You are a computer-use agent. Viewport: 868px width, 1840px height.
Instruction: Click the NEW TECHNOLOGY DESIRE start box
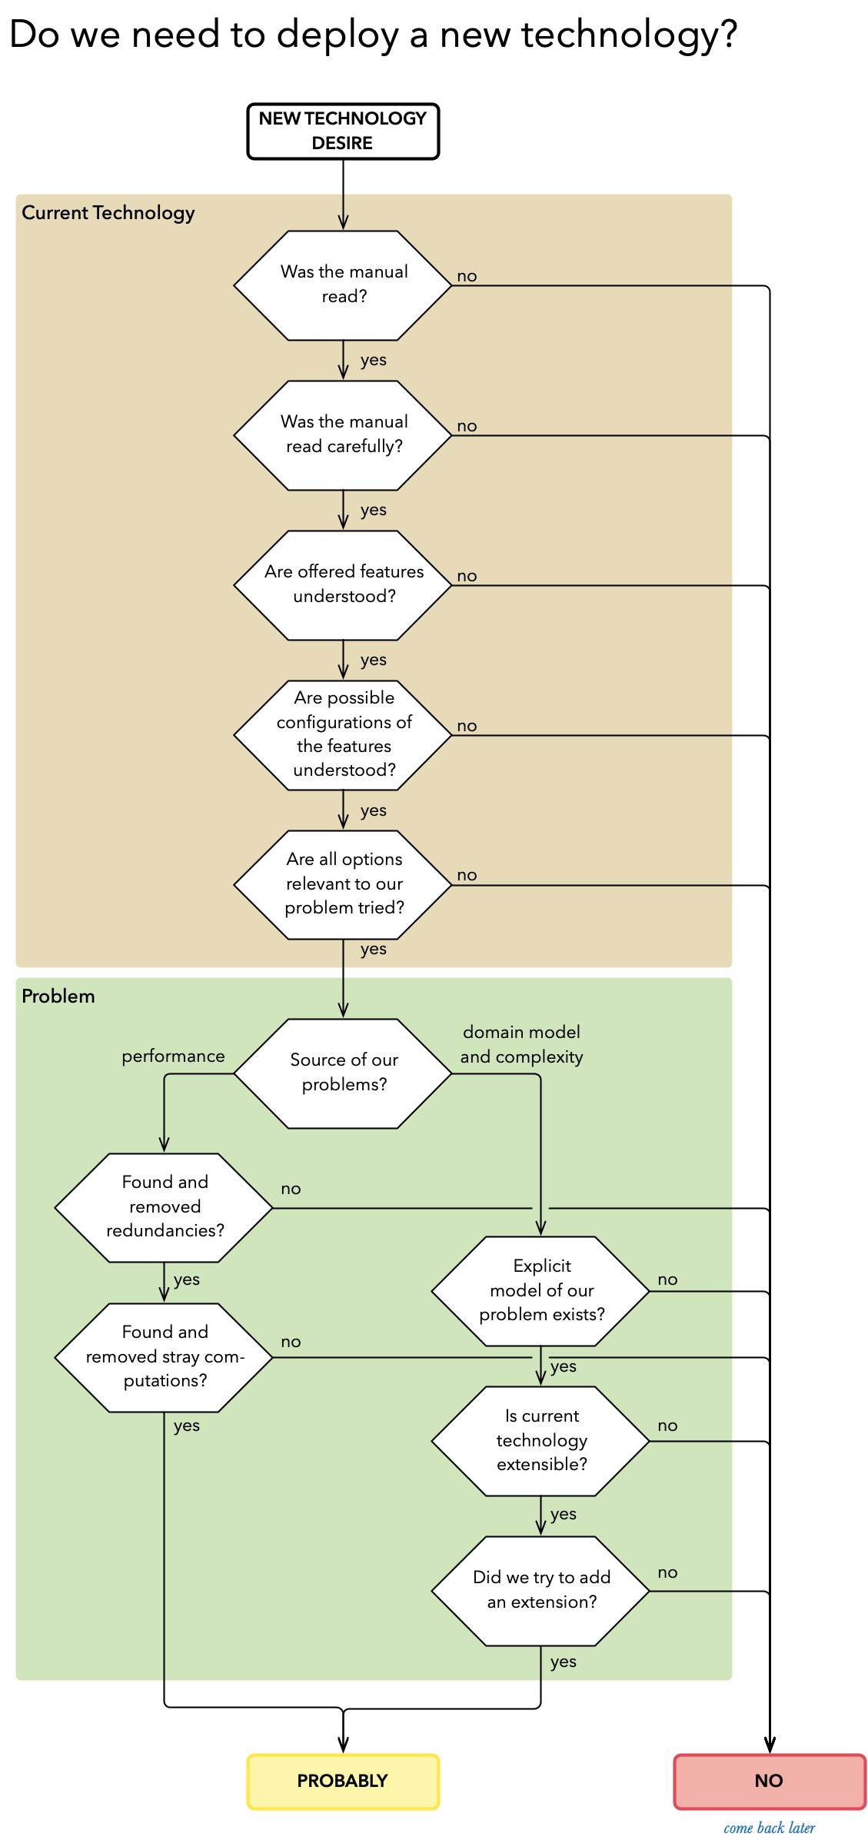tap(343, 131)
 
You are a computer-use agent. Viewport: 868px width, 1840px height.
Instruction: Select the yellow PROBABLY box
tap(343, 1781)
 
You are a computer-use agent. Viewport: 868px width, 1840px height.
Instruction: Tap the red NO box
tap(769, 1781)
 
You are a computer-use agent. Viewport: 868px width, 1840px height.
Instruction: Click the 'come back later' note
tap(769, 1828)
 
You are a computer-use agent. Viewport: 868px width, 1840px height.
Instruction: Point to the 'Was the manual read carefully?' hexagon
tap(343, 435)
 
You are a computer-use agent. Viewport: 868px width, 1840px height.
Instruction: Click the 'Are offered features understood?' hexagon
tap(343, 585)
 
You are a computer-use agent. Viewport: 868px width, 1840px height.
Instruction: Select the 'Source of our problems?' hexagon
tap(343, 1073)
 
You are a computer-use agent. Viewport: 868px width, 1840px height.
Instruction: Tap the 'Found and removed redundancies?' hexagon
tap(165, 1207)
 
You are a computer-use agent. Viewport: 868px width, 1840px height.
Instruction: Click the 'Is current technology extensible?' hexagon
tap(541, 1441)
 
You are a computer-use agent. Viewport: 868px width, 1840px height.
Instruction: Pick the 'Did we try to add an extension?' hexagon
tap(541, 1591)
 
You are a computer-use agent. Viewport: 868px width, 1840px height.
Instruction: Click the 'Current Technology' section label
tap(108, 213)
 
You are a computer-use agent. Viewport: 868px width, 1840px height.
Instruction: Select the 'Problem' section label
tap(58, 997)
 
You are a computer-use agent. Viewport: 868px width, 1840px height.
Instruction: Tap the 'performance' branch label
tap(173, 1056)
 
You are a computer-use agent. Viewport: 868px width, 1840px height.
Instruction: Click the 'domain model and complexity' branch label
tap(521, 1044)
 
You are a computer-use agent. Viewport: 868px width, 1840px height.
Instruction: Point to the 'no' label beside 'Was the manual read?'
tap(467, 276)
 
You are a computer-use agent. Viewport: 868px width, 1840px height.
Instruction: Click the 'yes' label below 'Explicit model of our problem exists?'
tap(563, 1366)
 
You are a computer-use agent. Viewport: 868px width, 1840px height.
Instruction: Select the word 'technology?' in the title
tap(629, 35)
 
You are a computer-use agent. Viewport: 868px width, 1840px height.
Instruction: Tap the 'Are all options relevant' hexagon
tap(343, 884)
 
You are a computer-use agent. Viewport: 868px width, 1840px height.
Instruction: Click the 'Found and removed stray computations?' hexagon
tap(165, 1357)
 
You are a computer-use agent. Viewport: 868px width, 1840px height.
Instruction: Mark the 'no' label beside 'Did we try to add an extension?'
tap(667, 1572)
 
